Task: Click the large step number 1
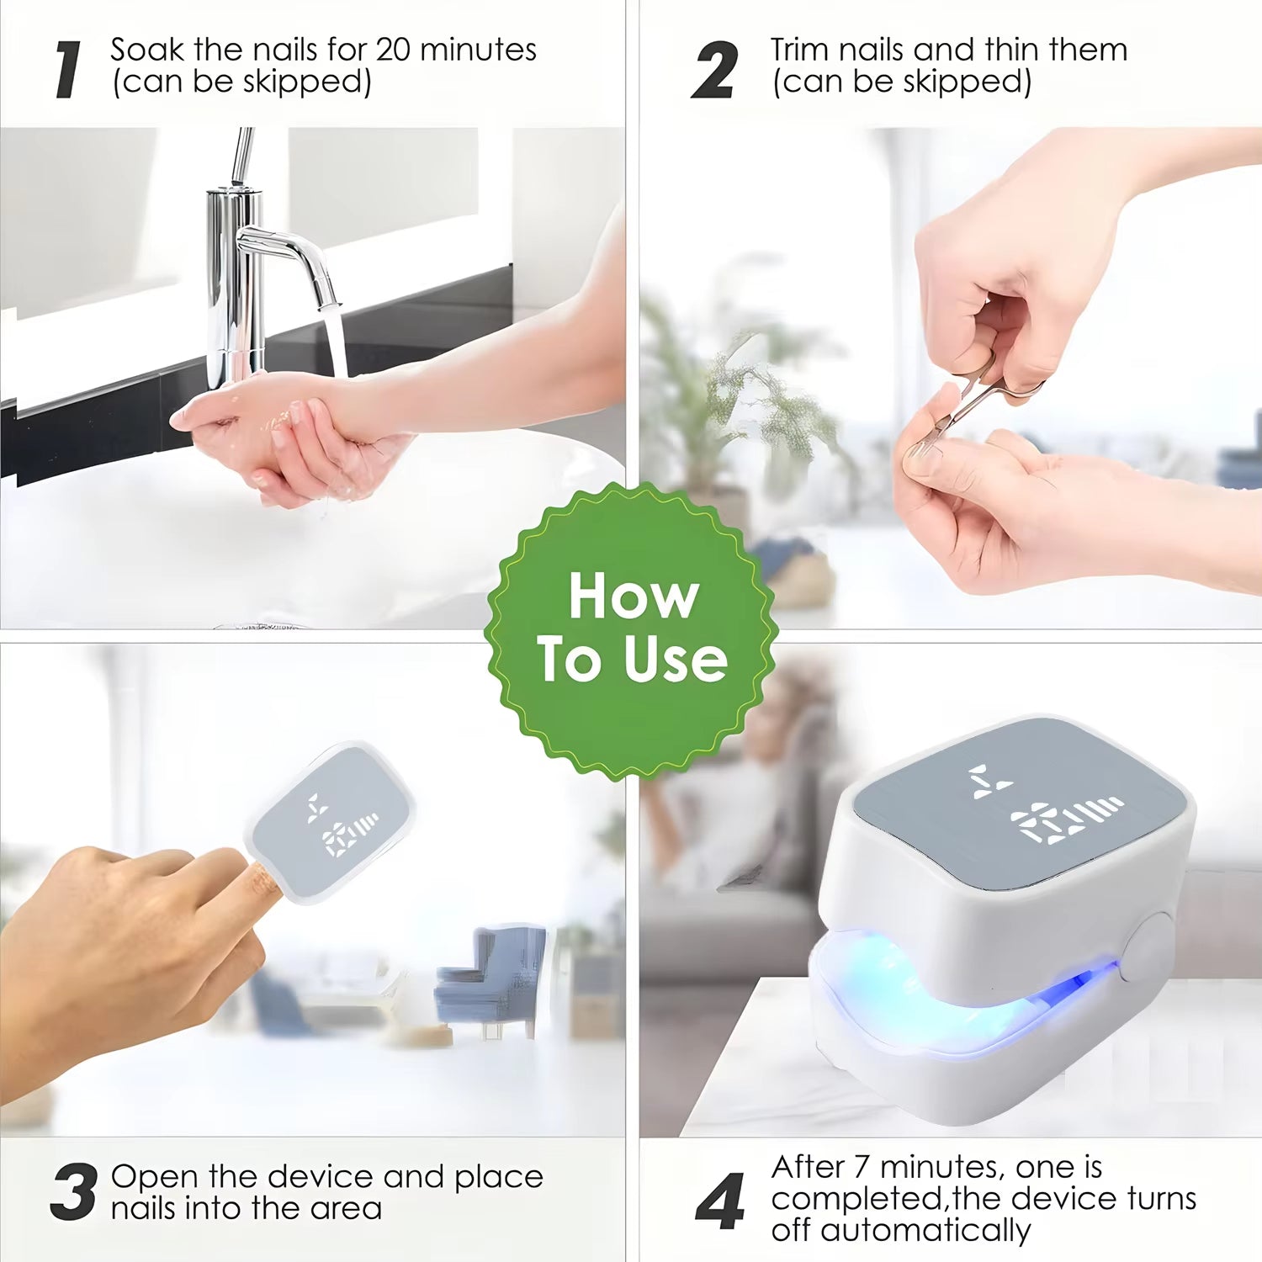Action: [x=69, y=71]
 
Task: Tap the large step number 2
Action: [x=714, y=71]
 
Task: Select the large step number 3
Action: [x=72, y=1192]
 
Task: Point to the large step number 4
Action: [x=720, y=1201]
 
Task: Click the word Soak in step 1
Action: [x=147, y=50]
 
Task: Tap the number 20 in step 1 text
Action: [x=393, y=50]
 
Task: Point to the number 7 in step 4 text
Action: [x=861, y=1167]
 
